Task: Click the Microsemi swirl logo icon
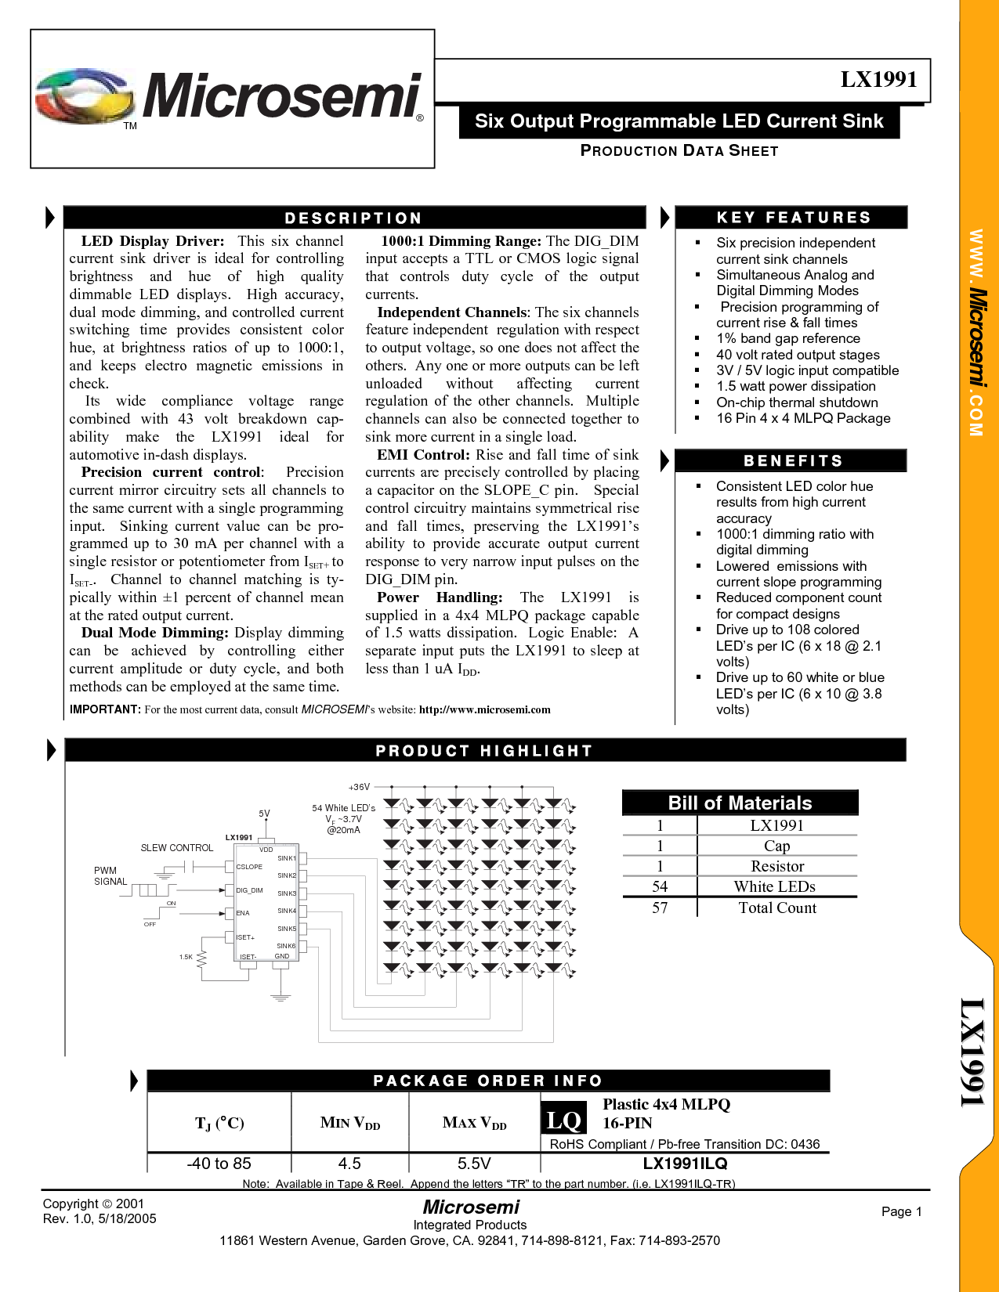pos(85,96)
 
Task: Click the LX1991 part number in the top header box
pos(878,79)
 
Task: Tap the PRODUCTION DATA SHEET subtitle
pos(679,150)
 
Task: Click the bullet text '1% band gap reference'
pos(787,338)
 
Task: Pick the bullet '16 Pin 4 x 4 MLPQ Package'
pos(803,418)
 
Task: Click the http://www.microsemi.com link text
pos(484,709)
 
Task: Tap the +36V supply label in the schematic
pos(359,787)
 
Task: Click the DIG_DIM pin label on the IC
pos(249,890)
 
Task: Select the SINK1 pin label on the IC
pos(286,858)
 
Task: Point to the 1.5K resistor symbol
pos(201,958)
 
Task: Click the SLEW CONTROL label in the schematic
pos(177,848)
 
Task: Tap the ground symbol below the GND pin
pos(281,997)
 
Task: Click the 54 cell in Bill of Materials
pos(659,886)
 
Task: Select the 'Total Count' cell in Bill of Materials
pos(777,908)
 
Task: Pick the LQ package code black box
pos(563,1121)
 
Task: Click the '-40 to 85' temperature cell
pos(219,1164)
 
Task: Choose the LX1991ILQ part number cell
pos(685,1164)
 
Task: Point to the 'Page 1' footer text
pos(901,1211)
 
